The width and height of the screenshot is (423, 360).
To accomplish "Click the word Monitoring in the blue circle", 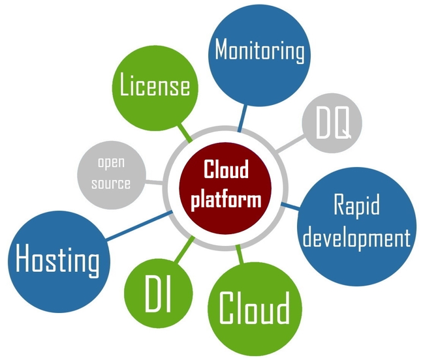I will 260,51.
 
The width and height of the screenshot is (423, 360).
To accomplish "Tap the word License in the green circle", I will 155,86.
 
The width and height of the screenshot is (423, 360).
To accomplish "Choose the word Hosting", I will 57,260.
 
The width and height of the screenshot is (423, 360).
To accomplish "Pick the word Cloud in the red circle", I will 227,171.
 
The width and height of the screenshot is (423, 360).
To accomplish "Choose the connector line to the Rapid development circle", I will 290,205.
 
